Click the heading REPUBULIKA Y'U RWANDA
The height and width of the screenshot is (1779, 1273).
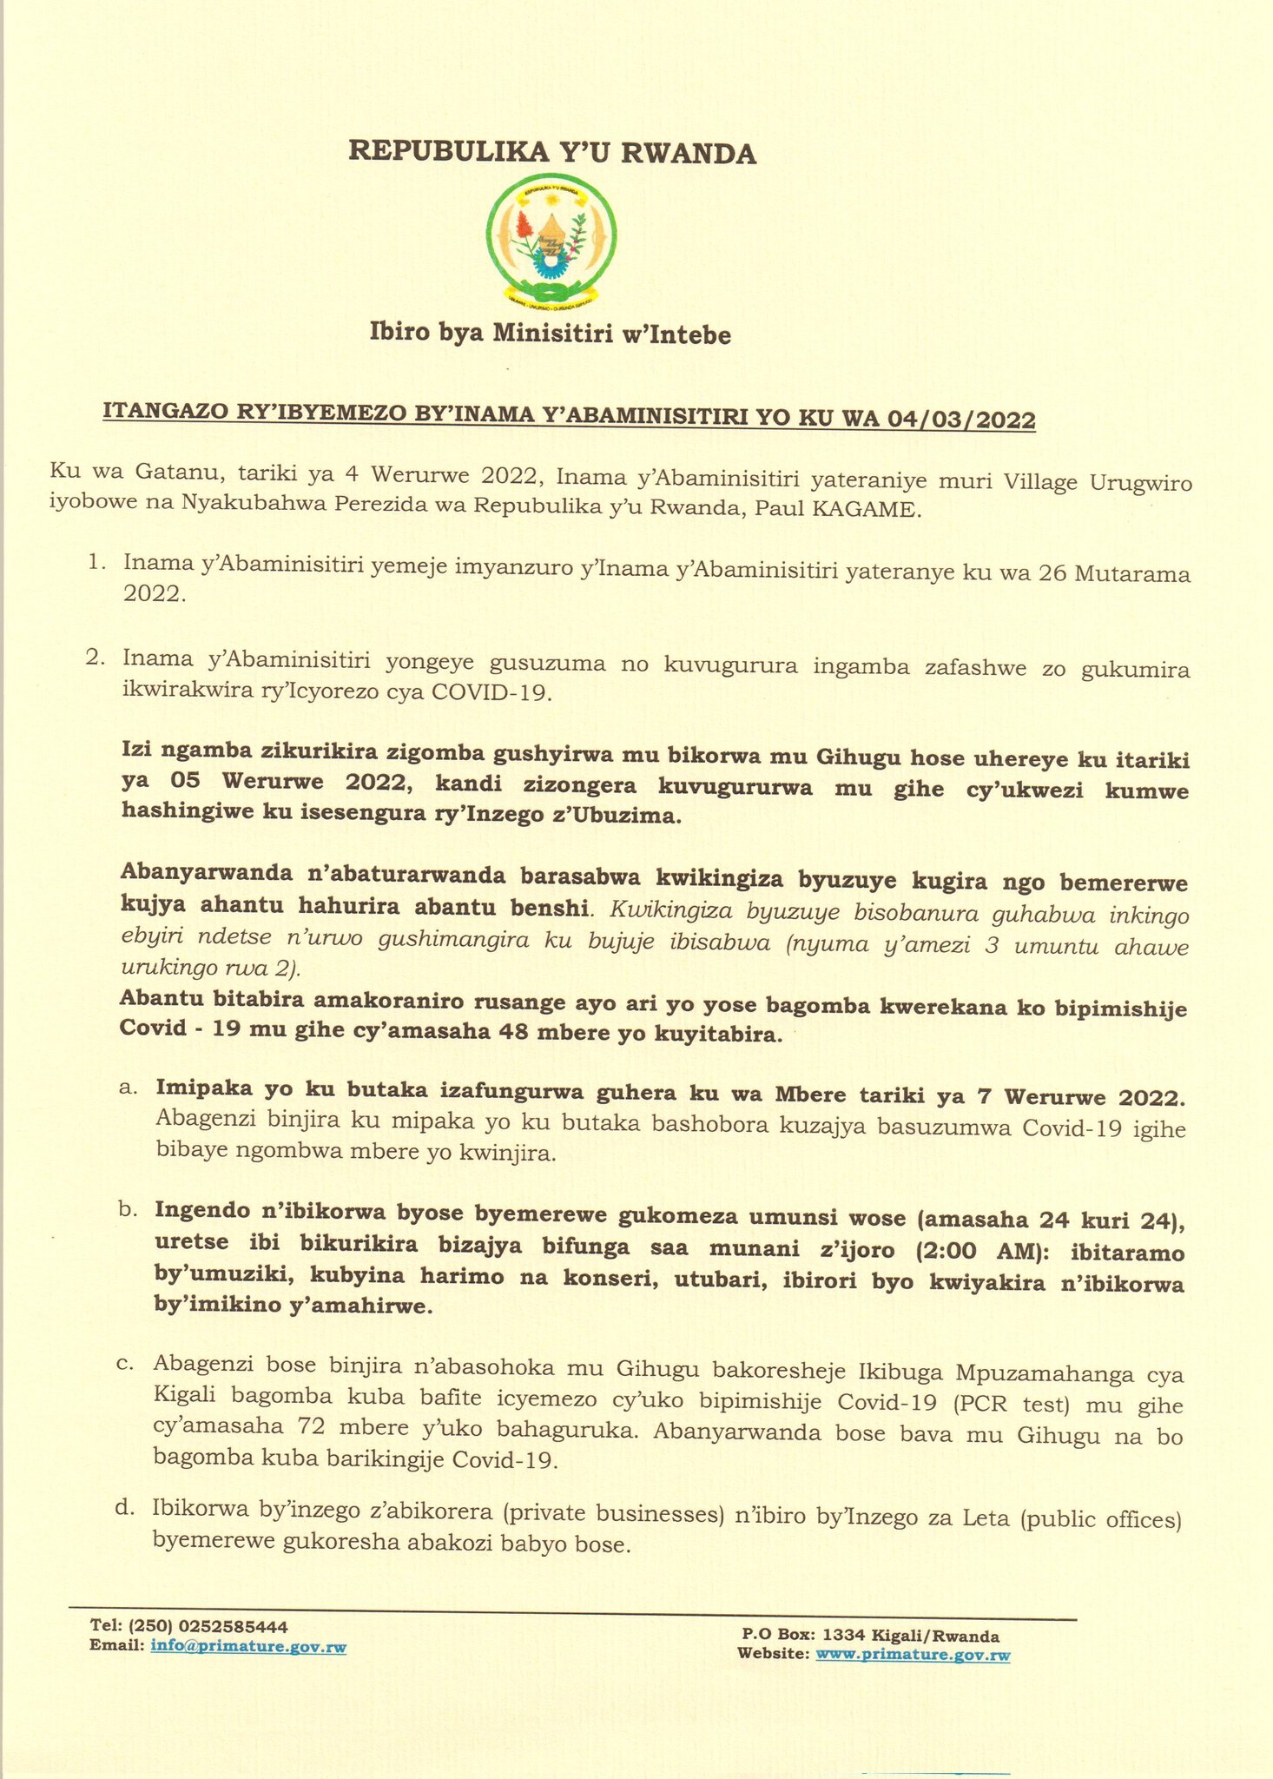point(552,153)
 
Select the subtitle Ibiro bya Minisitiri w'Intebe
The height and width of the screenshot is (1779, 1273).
point(551,334)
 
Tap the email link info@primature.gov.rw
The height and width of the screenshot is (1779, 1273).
point(248,1646)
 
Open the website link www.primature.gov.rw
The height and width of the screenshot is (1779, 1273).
point(913,1655)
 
